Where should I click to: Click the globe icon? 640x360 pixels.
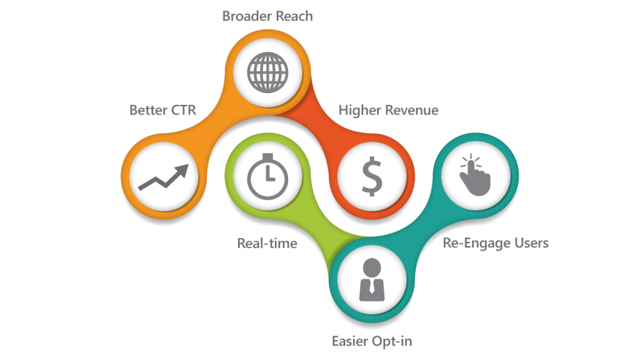click(267, 72)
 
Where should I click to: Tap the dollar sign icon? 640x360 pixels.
click(372, 176)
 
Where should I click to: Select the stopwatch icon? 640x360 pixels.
click(267, 176)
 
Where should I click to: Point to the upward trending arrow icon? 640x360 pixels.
click(164, 177)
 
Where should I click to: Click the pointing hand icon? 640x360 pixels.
click(475, 176)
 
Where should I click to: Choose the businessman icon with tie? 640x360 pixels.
click(372, 279)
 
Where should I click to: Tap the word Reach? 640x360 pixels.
click(292, 16)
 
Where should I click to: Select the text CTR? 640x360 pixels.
click(184, 110)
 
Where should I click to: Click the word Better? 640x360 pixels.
click(148, 110)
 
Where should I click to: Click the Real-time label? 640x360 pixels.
click(267, 244)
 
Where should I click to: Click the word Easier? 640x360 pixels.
click(350, 341)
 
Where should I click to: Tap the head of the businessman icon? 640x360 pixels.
click(372, 267)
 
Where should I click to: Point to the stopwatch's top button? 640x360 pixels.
click(267, 157)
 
